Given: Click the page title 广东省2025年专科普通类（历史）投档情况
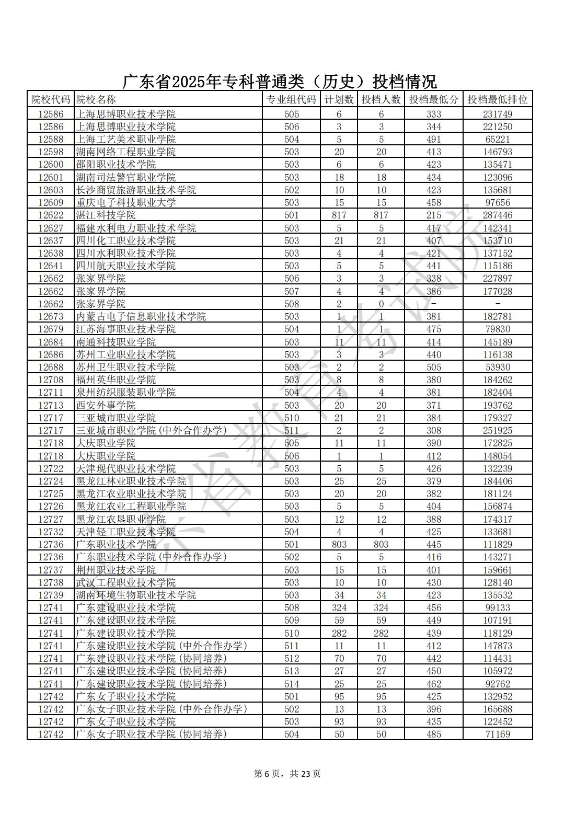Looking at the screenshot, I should tap(280, 82).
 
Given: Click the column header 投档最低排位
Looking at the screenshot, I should tap(497, 99).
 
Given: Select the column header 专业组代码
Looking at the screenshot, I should tap(291, 99).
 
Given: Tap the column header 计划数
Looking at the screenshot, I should tap(339, 99).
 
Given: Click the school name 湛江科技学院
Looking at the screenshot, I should tap(106, 215).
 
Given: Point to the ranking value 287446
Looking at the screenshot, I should tap(497, 215).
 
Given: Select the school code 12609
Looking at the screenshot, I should tap(51, 203).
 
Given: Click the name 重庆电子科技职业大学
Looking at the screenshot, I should tap(126, 203).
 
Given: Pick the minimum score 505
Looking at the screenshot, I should tap(433, 367).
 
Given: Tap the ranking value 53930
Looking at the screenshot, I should tap(497, 367).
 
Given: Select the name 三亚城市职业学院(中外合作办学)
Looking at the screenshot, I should tap(152, 430).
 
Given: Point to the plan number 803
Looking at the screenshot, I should tap(339, 544).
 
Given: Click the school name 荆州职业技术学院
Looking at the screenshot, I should tap(116, 570).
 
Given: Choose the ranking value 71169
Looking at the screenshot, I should tap(497, 734).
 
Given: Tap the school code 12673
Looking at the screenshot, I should tap(51, 316).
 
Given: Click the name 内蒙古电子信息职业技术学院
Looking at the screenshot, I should tap(141, 316).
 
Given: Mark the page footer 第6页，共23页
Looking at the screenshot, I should tap(287, 774).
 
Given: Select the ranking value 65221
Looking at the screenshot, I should tap(497, 139).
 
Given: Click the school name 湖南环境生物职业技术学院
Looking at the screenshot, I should tap(136, 595).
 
